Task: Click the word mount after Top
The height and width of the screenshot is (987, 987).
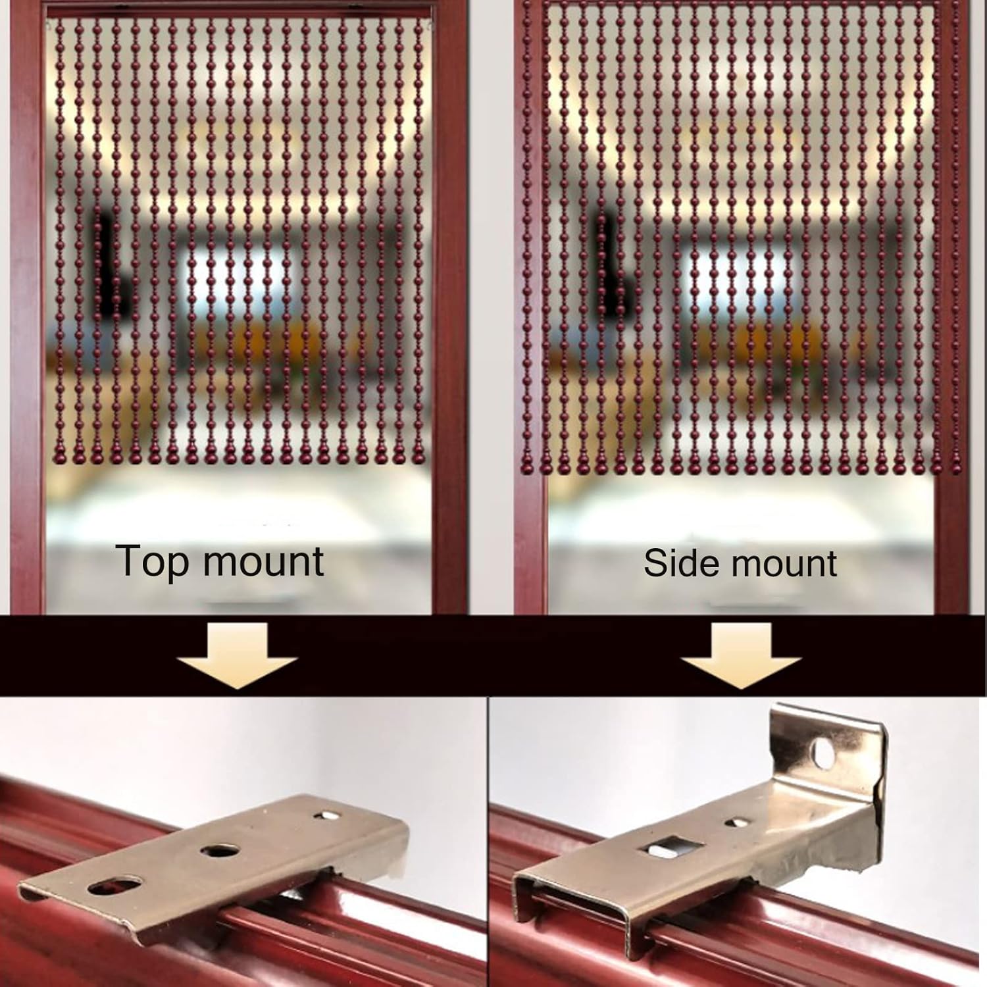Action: point(263,561)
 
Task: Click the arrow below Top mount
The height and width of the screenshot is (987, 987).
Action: point(237,655)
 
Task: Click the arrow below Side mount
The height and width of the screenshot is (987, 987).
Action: point(742,655)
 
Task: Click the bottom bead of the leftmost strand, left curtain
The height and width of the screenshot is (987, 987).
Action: point(59,454)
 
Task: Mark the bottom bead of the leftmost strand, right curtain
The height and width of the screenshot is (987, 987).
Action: point(526,465)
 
